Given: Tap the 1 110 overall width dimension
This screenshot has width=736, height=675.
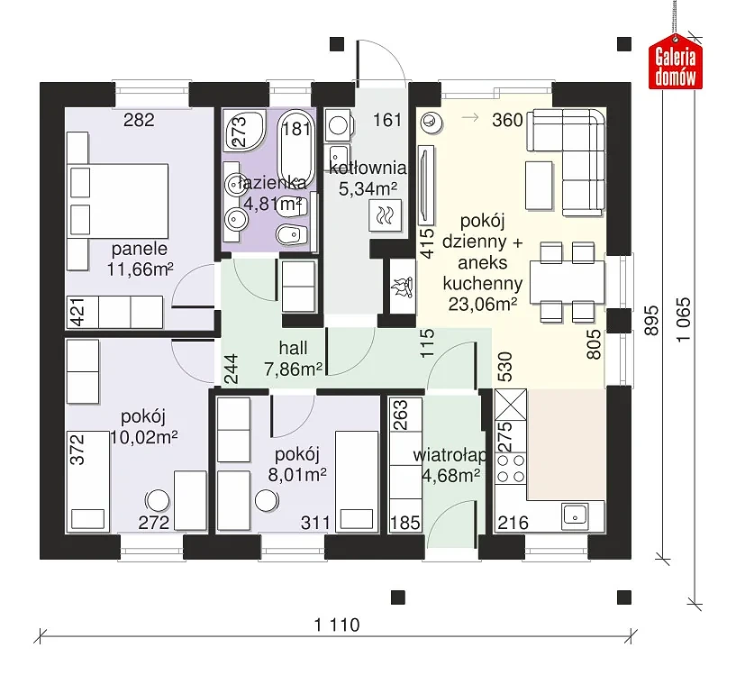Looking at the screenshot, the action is click(337, 625).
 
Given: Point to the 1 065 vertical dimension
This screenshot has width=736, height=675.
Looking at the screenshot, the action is click(684, 320).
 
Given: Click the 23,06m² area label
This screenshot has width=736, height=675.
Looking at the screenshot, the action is click(483, 305).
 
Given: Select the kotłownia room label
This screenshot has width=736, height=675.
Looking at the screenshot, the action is click(368, 168).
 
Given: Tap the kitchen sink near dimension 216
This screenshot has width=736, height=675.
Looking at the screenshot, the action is click(575, 515).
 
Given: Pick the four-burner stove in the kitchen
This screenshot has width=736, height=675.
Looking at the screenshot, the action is click(511, 469).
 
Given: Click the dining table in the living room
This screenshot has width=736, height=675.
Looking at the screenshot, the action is click(567, 282).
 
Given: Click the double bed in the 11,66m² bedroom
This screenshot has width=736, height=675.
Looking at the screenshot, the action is click(118, 201).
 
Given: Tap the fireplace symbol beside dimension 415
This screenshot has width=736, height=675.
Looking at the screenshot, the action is click(403, 287).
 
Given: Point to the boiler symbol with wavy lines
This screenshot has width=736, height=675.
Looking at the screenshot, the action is click(386, 215).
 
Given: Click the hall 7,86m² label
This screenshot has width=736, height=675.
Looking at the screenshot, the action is click(294, 359).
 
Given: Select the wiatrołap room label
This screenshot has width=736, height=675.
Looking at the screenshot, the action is click(450, 455).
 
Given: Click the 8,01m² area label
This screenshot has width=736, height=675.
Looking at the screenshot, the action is click(297, 475).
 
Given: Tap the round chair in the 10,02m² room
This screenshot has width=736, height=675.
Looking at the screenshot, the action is click(158, 501).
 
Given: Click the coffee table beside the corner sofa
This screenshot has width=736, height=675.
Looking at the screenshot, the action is click(539, 185).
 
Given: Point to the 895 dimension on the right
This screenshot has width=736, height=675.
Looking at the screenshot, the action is click(651, 320).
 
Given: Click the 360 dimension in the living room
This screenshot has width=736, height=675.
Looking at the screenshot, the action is click(507, 120).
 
